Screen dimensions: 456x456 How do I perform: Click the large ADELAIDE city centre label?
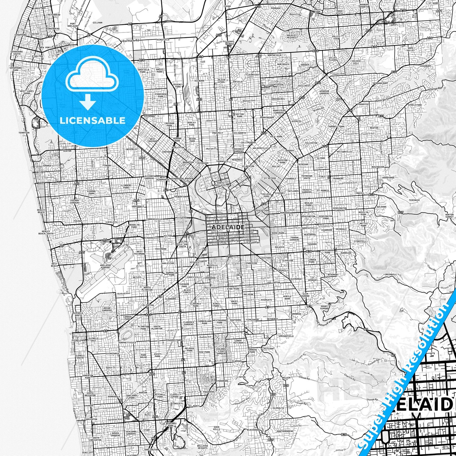[x=228, y=227]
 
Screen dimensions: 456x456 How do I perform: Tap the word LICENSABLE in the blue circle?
[x=92, y=120]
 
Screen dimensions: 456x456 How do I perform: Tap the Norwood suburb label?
[x=285, y=213]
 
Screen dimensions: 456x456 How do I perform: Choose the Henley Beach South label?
[x=46, y=233]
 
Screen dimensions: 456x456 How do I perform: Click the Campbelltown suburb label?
[x=336, y=127]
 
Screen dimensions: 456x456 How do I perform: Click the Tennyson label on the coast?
[x=24, y=133]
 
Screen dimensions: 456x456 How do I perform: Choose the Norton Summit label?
[x=449, y=216]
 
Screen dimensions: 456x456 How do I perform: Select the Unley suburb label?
[x=240, y=275]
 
